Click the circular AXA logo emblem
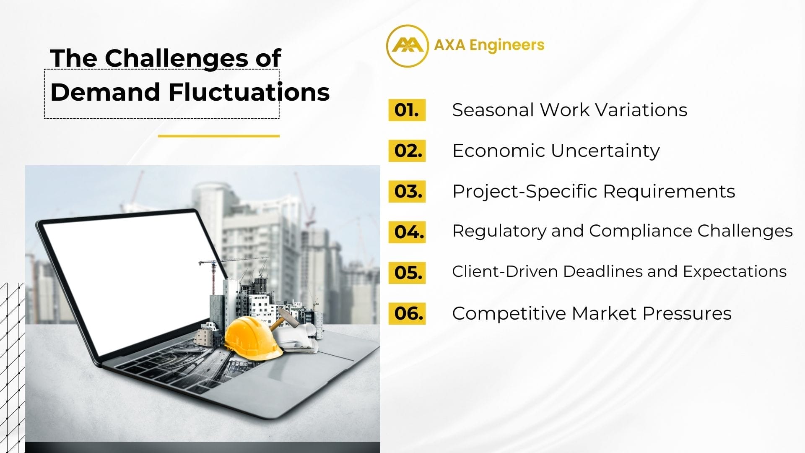tap(407, 46)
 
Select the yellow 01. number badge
tap(407, 110)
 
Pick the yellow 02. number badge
tap(407, 151)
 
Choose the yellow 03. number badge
tap(407, 191)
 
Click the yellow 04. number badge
tap(407, 232)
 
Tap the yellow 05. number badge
tap(407, 273)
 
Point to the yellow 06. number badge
tap(407, 313)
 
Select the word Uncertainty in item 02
tap(605, 151)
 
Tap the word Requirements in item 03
tap(669, 192)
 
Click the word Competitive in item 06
tap(509, 314)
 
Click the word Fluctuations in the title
tap(249, 92)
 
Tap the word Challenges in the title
tap(176, 58)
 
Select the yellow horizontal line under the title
tap(219, 136)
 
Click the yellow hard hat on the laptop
tap(253, 338)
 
